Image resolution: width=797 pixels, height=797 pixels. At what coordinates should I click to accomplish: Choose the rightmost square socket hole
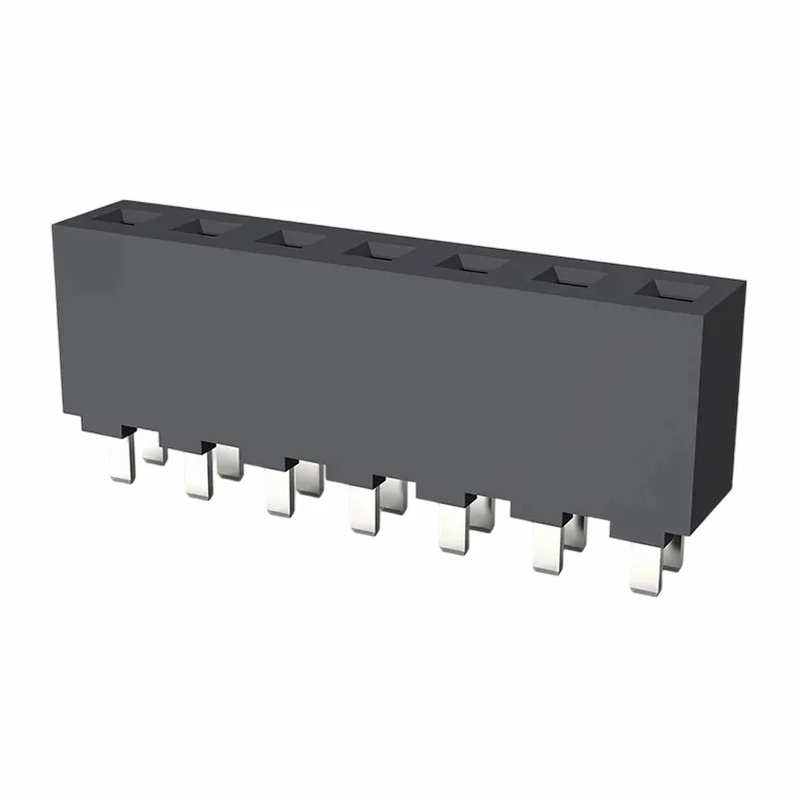pos(670,290)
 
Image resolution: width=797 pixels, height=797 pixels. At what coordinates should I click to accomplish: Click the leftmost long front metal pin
pos(122,460)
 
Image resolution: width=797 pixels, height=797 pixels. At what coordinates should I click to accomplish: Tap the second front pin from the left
pos(197,475)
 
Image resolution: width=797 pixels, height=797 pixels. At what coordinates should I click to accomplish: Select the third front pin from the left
pos(279,494)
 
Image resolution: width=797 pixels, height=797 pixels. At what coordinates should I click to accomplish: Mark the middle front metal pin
pos(364,512)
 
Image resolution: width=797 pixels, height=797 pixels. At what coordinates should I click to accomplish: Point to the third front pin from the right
pos(453,530)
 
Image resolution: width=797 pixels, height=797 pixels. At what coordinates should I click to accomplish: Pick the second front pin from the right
pos(547,550)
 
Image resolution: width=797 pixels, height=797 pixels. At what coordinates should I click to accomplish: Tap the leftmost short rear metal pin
pos(152,451)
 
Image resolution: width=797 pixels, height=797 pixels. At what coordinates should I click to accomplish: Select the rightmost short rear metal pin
pos(673,553)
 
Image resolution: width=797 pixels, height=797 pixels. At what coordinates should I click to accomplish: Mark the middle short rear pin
pos(394,495)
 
